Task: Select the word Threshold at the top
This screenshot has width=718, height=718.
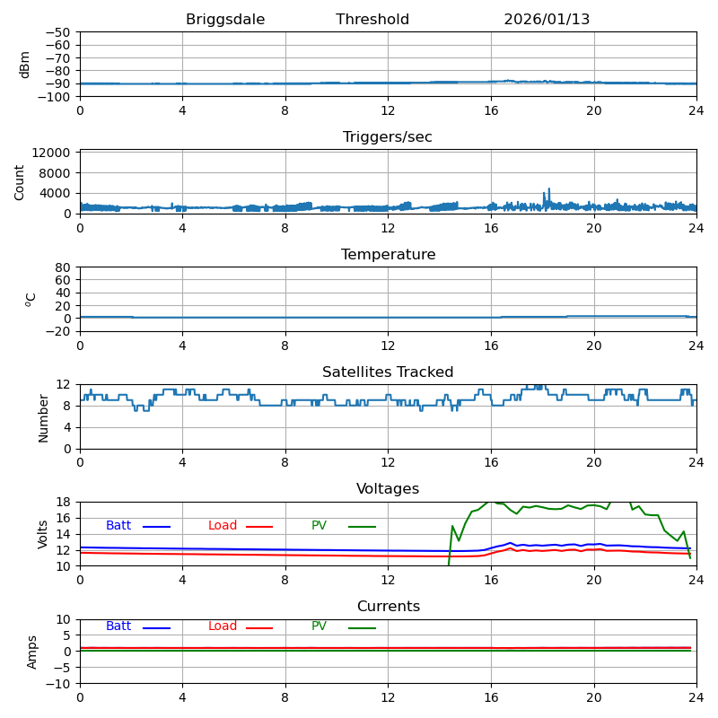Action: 372,20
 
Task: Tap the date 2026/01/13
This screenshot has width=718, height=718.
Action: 547,20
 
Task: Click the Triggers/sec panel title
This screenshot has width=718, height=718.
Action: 388,137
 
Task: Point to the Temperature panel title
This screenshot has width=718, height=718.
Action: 388,255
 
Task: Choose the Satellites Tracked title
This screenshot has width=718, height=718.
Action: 388,372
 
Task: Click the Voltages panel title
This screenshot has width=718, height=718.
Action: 388,489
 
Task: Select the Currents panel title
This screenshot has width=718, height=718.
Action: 388,607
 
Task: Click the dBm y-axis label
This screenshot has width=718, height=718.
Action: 25,64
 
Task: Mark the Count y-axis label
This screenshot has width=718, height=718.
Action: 20,181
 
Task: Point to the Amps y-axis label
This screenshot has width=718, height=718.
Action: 32,652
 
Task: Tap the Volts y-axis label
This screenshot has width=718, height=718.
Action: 43,534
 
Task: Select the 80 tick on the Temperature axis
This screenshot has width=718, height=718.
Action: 64,267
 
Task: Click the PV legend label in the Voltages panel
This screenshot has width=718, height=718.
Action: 319,526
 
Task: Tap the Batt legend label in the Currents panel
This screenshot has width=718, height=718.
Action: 118,626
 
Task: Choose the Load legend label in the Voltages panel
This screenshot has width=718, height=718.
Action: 223,526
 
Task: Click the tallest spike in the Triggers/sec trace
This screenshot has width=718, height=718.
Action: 549,189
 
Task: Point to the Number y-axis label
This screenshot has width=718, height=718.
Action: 43,417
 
